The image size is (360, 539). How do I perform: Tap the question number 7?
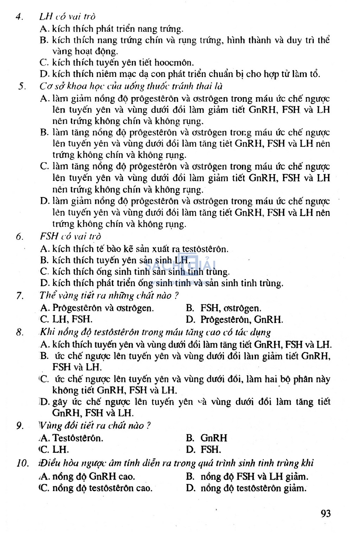(x=20, y=296)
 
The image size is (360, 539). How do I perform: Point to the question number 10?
(x=22, y=463)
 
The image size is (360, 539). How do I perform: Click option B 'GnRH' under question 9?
(x=207, y=438)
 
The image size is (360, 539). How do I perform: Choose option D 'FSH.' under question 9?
(x=204, y=449)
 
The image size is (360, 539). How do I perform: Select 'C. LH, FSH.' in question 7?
(x=66, y=319)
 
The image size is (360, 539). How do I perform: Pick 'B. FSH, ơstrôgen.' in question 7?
(x=224, y=309)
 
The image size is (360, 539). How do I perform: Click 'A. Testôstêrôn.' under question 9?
(x=72, y=438)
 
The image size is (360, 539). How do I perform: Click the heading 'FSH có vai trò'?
(x=70, y=236)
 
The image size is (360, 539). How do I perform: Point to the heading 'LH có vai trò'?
(x=67, y=17)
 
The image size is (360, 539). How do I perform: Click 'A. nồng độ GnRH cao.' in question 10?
(x=88, y=477)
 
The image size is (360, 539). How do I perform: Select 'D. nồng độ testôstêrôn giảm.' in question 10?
(x=246, y=488)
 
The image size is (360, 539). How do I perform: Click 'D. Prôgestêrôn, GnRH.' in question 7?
(x=234, y=319)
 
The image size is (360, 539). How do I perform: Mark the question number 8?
(x=20, y=332)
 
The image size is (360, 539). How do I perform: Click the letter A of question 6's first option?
(x=44, y=249)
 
